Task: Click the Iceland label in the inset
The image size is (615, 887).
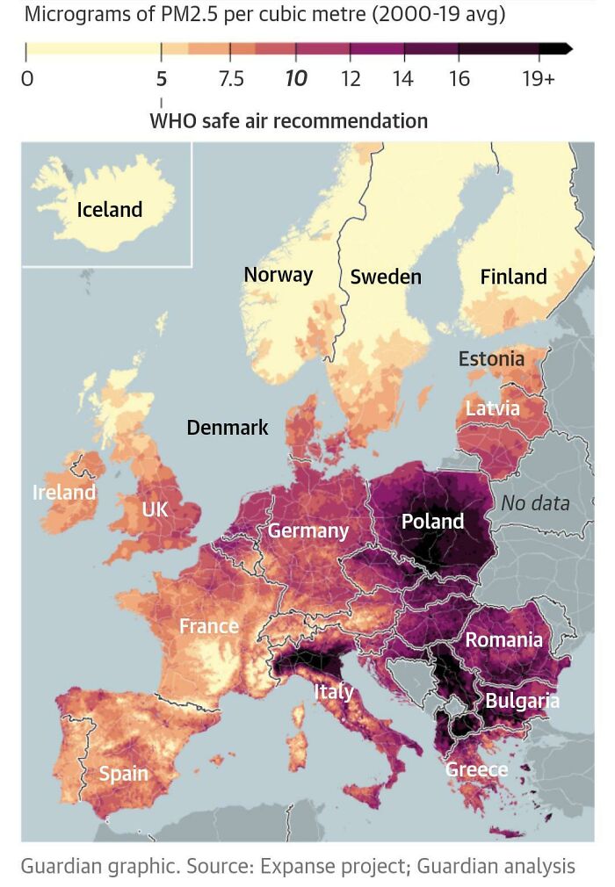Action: (110, 210)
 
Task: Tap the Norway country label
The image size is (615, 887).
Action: (278, 275)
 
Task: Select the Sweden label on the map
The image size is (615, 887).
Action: (386, 278)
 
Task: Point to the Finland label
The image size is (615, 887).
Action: (513, 278)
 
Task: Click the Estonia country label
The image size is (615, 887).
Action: (491, 358)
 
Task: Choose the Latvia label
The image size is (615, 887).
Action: (492, 408)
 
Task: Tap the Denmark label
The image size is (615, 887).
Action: (228, 428)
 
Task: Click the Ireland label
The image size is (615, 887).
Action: (64, 493)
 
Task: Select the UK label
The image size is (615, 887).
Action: (155, 510)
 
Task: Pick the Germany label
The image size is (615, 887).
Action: (308, 530)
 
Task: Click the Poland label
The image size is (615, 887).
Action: (432, 522)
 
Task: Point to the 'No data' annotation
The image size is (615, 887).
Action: (535, 504)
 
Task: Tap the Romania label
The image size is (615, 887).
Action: (503, 640)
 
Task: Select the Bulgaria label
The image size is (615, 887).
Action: (522, 701)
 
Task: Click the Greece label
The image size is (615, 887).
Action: (476, 770)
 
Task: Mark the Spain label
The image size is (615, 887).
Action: (123, 774)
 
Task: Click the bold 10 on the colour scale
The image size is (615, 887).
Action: (296, 79)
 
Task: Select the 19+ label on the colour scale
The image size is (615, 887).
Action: (538, 79)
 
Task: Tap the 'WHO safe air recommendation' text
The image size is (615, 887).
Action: (289, 120)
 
